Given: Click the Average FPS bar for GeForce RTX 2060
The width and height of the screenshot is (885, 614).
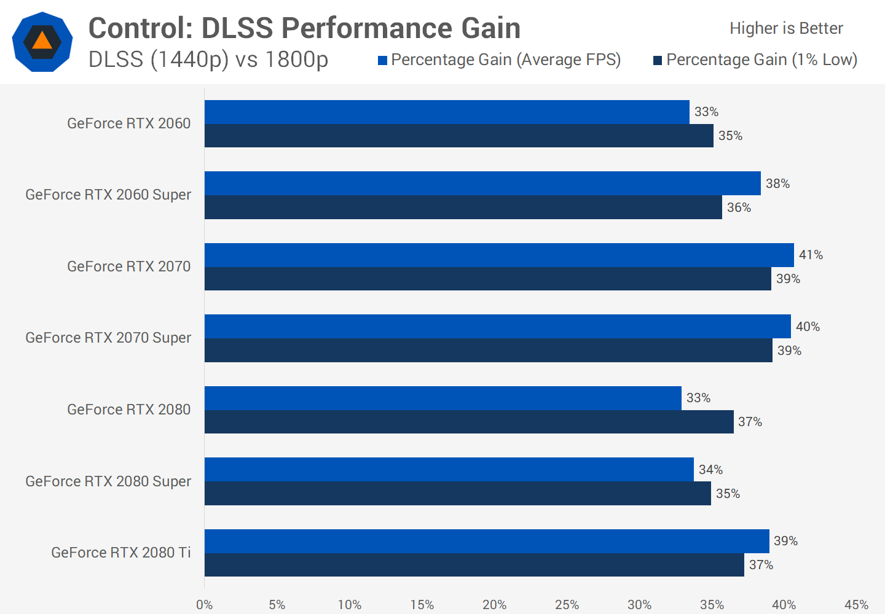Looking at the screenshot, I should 447,112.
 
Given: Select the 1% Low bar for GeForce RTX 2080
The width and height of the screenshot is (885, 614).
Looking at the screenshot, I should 469,422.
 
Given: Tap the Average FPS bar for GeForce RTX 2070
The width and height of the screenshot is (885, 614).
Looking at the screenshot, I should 499,255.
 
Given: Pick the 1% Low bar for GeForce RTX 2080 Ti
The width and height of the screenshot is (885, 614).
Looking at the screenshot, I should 474,565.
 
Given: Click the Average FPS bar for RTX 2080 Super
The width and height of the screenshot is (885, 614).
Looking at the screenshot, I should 449,470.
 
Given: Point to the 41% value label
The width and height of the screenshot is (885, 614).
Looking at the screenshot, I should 811,255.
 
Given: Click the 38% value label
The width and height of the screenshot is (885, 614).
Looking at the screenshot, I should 777,184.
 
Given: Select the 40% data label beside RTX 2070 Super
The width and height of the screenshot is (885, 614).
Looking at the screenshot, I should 808,327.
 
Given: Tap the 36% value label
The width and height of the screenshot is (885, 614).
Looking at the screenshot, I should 739,208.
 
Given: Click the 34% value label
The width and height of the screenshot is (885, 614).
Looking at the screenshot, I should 710,470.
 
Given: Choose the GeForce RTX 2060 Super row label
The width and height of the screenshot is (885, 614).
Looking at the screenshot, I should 108,195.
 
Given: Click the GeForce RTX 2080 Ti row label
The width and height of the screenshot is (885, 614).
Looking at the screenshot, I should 121,553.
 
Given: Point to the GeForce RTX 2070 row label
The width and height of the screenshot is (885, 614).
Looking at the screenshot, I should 129,266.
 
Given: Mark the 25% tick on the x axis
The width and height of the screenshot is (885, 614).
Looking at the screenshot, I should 567,605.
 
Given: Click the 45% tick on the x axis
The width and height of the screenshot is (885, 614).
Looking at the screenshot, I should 856,605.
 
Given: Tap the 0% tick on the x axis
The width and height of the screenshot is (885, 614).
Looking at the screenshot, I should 205,605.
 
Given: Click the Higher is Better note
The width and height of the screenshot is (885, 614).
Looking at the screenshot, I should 786,28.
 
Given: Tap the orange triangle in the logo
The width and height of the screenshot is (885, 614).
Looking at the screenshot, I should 42,41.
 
